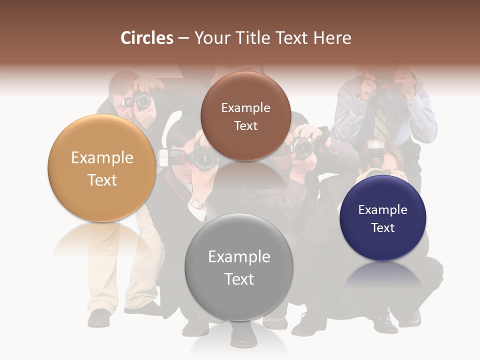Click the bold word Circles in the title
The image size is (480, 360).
(146, 38)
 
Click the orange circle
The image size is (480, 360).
(102, 168)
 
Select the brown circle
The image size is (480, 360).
(245, 116)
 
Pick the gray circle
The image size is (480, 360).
(239, 267)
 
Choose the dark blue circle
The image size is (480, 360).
(383, 218)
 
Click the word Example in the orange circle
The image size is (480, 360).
(102, 158)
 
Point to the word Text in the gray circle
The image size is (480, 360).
(239, 279)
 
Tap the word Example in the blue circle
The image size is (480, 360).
(383, 209)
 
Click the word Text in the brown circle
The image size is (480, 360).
(245, 126)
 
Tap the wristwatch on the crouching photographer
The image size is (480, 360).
(197, 203)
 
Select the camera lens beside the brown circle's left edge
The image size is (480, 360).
(205, 158)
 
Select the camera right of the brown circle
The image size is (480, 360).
(302, 147)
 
